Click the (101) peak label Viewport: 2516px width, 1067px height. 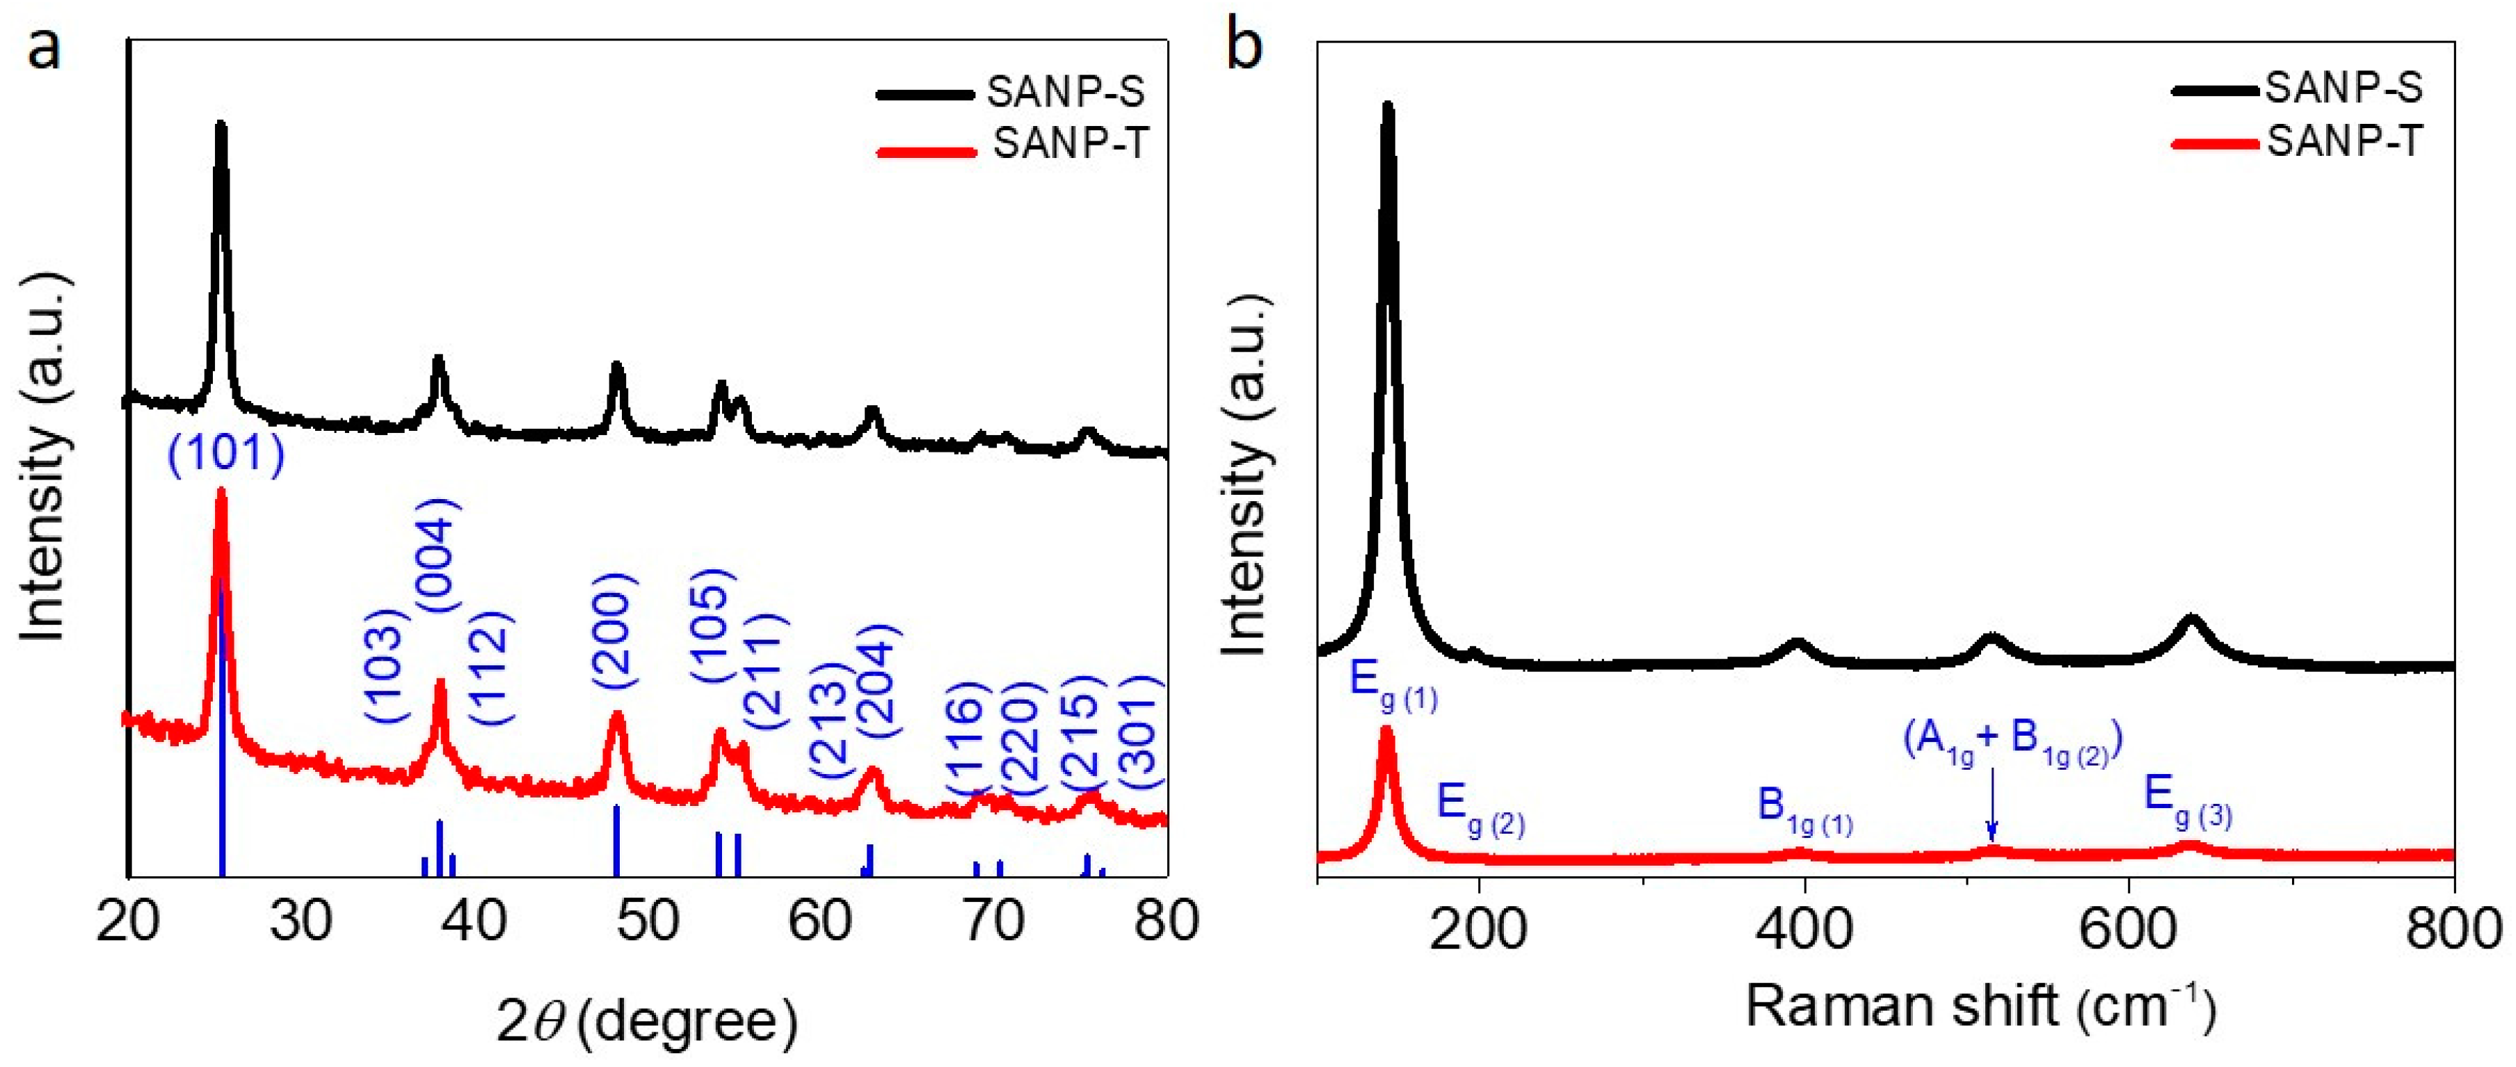point(225,455)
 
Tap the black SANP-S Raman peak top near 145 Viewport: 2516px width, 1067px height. point(1387,107)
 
